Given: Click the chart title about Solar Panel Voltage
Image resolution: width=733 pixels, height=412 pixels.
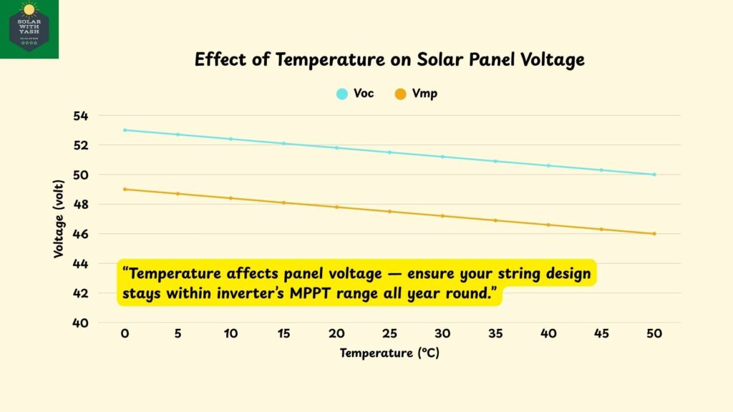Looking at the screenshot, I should click(389, 60).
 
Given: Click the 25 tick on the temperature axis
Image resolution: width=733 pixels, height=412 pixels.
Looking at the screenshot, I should click(389, 335).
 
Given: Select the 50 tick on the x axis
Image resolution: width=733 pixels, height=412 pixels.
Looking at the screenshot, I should click(654, 335).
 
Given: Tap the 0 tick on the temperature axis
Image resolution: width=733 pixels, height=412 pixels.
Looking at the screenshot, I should click(125, 335).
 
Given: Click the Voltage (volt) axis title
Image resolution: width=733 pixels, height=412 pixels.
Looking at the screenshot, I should click(58, 219).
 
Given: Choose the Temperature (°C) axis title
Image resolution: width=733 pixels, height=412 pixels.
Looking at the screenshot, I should click(389, 353).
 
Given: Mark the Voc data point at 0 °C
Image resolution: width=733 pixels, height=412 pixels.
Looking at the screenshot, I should click(125, 130).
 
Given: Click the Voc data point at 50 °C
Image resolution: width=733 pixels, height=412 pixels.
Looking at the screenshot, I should click(654, 175).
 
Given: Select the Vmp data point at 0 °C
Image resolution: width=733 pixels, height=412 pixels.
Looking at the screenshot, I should click(125, 190).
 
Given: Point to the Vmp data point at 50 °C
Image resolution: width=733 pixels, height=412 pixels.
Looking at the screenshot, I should click(654, 234).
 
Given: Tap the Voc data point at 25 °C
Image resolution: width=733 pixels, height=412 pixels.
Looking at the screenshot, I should click(389, 152).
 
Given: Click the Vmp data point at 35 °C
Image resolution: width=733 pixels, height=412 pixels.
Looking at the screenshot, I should click(495, 220).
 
